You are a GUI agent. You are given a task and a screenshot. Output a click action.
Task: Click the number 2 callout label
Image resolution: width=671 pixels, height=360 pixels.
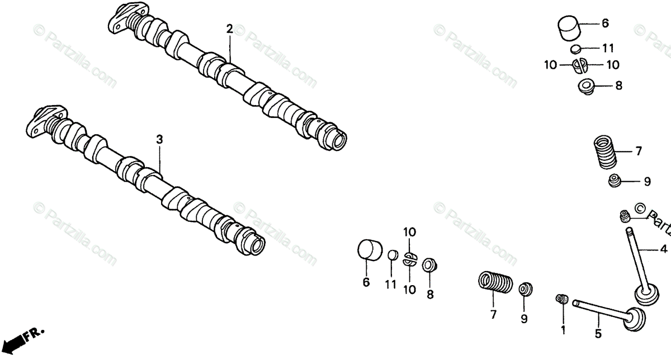[229, 29]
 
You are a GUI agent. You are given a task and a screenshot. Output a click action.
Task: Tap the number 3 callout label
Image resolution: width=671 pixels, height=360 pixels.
[159, 139]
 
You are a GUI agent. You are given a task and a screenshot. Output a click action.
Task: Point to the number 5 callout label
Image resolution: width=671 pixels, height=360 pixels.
[598, 334]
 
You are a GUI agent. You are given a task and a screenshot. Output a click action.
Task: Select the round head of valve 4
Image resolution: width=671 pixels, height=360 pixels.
[644, 294]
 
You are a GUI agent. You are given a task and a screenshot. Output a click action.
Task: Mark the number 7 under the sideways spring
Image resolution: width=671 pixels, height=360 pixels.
[493, 315]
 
